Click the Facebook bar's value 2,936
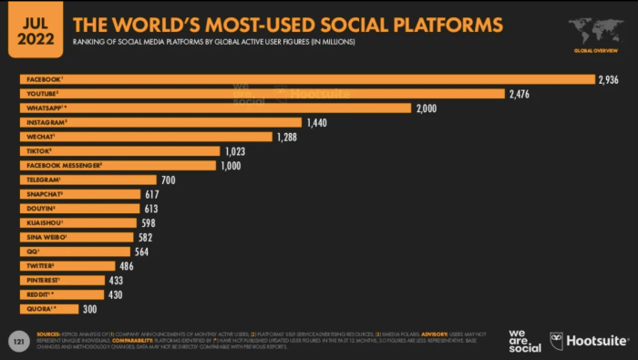609,79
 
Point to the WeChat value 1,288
290,137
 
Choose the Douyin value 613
153,209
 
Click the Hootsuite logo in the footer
589,341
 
